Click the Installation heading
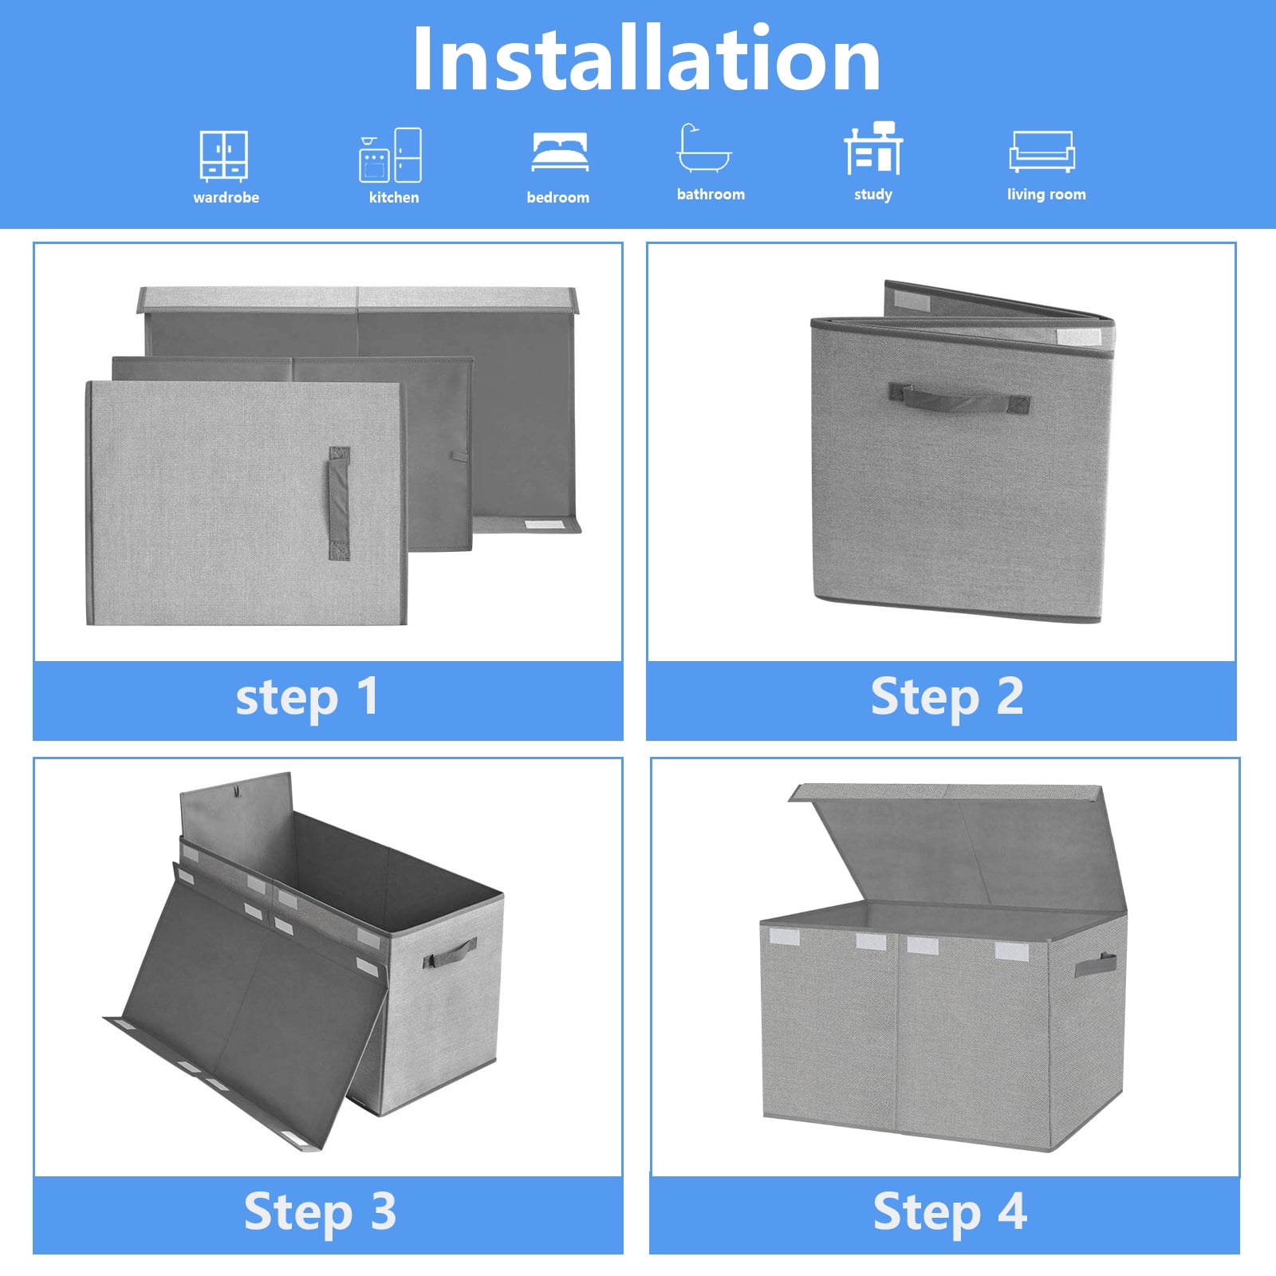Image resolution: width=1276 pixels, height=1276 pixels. pos(646,59)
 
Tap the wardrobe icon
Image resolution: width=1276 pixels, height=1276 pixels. pos(223,156)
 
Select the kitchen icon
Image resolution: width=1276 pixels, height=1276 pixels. pos(391,156)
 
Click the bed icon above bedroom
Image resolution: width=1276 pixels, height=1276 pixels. pos(560,152)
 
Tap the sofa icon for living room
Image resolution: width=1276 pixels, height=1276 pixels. pos(1042,152)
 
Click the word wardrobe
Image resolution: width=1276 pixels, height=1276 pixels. pos(226,197)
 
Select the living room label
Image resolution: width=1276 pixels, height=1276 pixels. pos(1046,194)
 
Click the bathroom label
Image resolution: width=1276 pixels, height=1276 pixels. pos(711,194)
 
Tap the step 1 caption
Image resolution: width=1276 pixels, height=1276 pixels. pos(307,698)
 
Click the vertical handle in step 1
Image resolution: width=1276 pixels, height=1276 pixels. pos(339,503)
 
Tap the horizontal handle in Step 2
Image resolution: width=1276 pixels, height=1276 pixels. pos(959,398)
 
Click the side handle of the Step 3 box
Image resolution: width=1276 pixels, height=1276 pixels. pos(450,952)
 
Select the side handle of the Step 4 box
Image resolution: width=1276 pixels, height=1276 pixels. pos(1095,964)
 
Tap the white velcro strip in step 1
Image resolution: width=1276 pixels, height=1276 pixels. pos(543,524)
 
